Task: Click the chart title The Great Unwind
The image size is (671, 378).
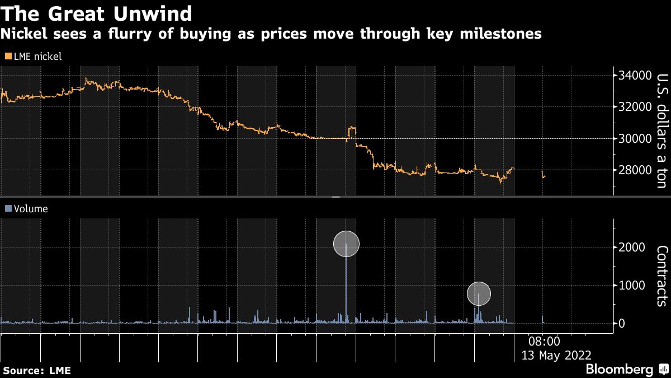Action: [97, 13]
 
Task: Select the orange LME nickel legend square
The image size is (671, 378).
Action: [7, 57]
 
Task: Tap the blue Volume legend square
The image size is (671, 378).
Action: [7, 209]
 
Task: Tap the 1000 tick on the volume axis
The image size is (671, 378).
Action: [631, 286]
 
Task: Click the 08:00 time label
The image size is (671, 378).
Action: [544, 341]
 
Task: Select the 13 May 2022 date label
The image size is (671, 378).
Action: [556, 355]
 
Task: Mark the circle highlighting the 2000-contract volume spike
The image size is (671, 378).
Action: [346, 244]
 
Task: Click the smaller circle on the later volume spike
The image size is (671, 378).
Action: [479, 293]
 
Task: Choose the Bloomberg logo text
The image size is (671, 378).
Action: [619, 370]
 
